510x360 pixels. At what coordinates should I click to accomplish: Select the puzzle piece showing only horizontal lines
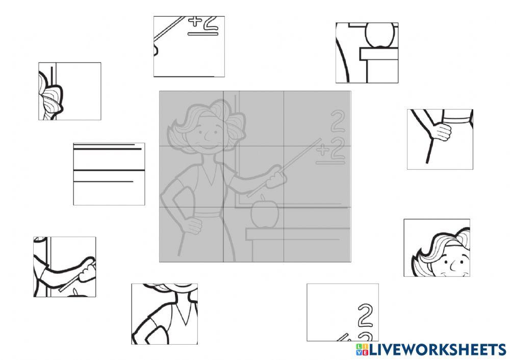pyautogui.click(x=109, y=174)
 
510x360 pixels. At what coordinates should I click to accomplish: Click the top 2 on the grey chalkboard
pyautogui.click(x=336, y=123)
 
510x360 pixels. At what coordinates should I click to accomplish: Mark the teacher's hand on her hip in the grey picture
pyautogui.click(x=192, y=223)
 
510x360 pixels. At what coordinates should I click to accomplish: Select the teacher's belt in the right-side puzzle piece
pyautogui.click(x=457, y=119)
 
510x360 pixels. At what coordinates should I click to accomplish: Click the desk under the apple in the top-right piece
pyautogui.click(x=378, y=54)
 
